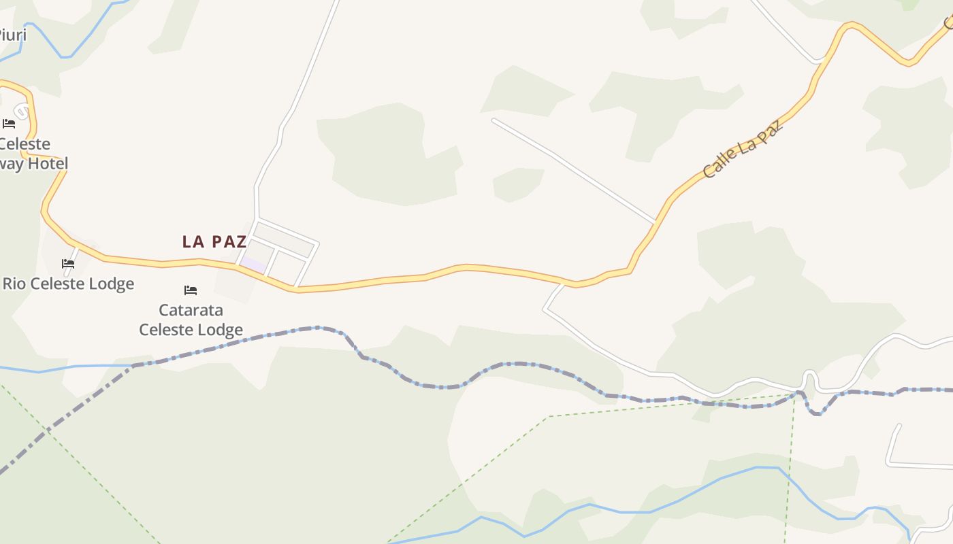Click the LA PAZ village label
214,241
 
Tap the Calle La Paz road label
743,149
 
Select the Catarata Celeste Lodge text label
191,320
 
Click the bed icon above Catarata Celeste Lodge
191,290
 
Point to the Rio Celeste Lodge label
68,284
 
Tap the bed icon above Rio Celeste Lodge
68,264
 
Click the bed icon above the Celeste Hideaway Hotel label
9,124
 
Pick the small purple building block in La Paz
253,265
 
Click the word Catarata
191,310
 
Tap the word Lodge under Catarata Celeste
221,330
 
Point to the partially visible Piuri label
12,35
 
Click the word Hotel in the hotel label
48,164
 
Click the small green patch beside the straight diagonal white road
518,184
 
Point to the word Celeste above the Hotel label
25,144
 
